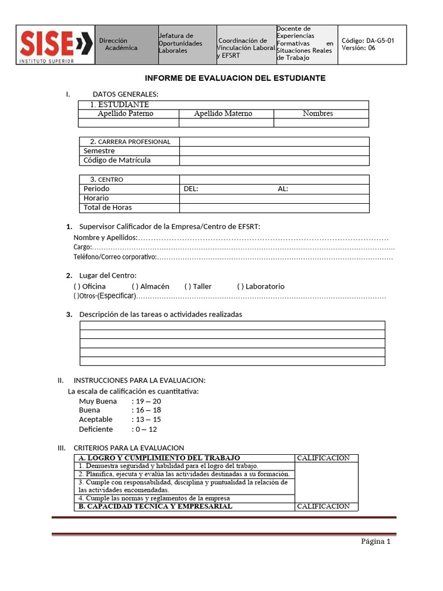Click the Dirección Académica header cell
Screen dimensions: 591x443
(x=118, y=44)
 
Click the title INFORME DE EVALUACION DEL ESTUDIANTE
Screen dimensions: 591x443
(x=235, y=78)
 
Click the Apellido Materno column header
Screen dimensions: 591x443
(x=223, y=114)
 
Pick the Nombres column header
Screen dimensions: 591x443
(x=318, y=114)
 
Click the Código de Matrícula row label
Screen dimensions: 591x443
(x=117, y=160)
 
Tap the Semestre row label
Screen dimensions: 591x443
(x=99, y=151)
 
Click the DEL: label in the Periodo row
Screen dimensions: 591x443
(x=190, y=189)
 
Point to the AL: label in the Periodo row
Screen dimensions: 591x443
(x=283, y=189)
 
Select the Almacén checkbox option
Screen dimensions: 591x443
(x=134, y=286)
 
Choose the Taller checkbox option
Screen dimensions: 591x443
(x=187, y=286)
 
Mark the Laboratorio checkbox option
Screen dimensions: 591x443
(x=240, y=286)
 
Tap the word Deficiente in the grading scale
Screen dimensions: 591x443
(x=96, y=429)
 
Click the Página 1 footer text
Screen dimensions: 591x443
(x=376, y=541)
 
